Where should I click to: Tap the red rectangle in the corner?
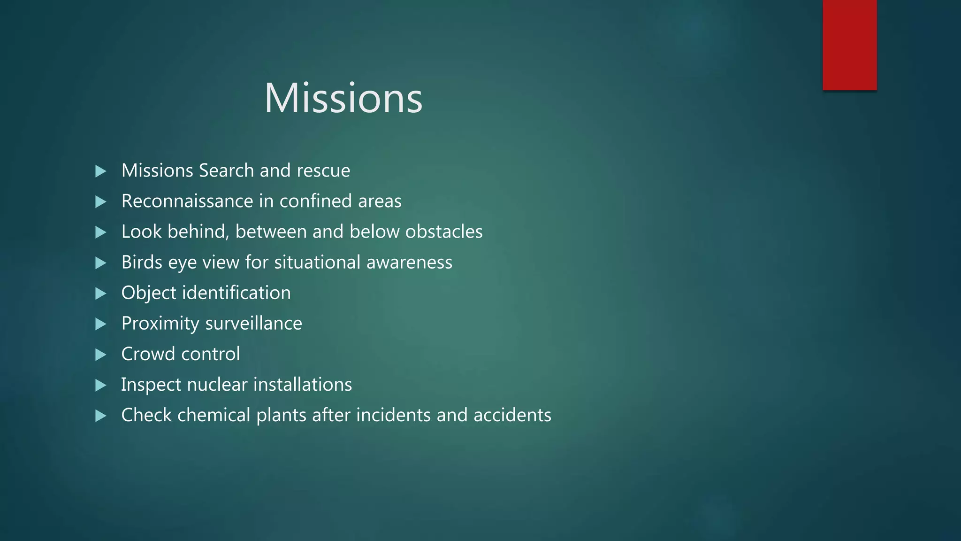coord(849,45)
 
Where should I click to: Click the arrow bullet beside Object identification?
coord(100,294)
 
